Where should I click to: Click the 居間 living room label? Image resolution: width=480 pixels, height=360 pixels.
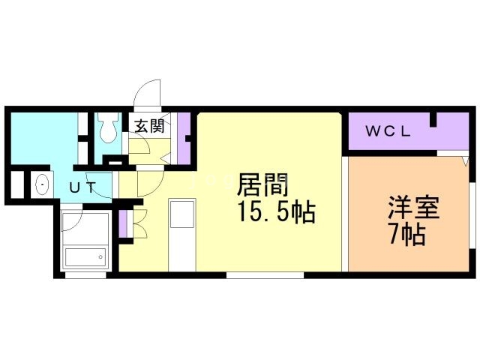point(262,184)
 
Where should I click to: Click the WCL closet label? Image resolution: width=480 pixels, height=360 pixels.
point(388,131)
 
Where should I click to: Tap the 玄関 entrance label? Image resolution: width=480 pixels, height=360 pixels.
point(148,125)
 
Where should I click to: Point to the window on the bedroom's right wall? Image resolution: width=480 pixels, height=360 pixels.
point(474,210)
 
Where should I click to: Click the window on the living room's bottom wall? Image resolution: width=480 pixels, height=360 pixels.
point(265,275)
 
